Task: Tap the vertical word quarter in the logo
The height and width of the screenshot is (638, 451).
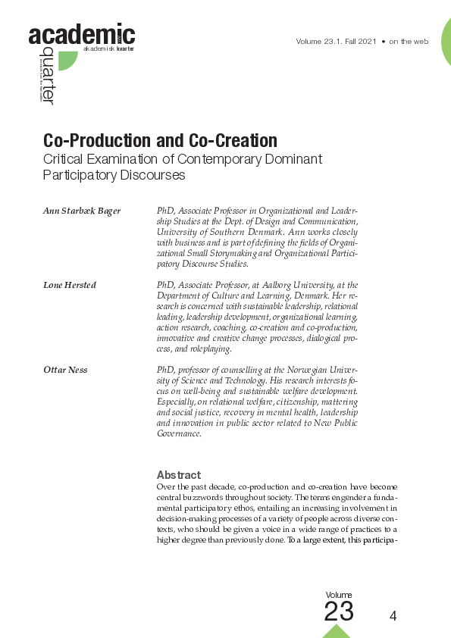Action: coord(49,74)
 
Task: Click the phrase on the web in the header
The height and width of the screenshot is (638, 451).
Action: coord(409,41)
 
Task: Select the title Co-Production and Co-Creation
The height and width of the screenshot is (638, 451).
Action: coord(160,141)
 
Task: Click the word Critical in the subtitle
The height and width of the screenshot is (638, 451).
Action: coord(64,160)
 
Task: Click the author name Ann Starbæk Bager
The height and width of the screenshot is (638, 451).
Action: coord(81,210)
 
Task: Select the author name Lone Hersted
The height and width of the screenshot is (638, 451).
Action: coord(70,284)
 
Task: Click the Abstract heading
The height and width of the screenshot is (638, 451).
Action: coord(178,475)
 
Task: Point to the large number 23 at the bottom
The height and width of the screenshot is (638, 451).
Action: coord(339,611)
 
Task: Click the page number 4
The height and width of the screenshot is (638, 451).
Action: coord(393,616)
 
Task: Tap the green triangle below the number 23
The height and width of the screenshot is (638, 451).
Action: coord(337,630)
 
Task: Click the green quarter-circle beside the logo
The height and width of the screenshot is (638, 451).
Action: coord(67,60)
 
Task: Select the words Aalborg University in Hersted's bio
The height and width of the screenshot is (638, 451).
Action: coord(293,284)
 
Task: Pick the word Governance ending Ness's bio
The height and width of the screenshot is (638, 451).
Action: coord(178,433)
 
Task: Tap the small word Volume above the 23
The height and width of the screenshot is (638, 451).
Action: coord(338,595)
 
